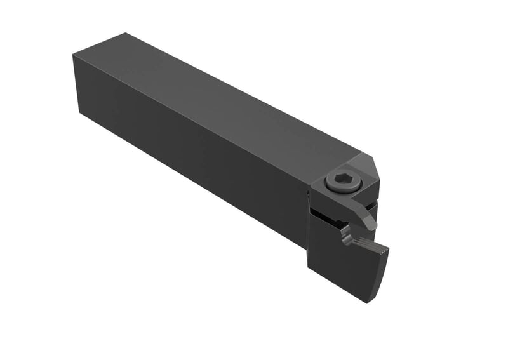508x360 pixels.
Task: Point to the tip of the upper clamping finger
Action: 372,226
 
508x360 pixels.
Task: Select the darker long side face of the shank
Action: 190,159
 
